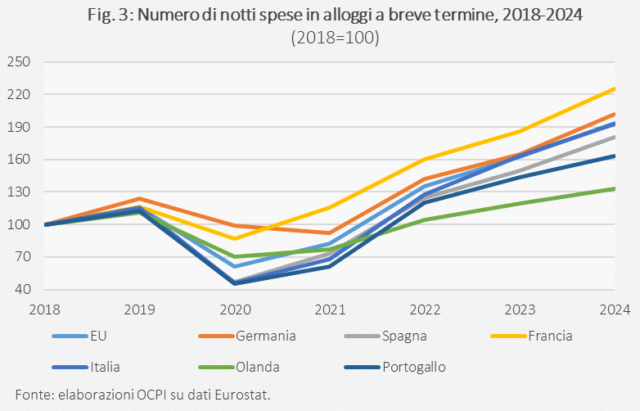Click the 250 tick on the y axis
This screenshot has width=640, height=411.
(x=17, y=62)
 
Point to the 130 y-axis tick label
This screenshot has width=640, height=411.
(x=17, y=192)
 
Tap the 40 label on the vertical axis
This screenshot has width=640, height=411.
(x=21, y=290)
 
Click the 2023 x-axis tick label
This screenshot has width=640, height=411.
(x=520, y=309)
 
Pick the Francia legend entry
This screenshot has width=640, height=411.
(x=545, y=336)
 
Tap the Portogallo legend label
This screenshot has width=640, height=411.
(x=413, y=367)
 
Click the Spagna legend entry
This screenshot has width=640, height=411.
(x=403, y=336)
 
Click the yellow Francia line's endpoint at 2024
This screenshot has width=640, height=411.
(x=615, y=88)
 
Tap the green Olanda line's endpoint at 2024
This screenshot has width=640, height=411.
(x=615, y=188)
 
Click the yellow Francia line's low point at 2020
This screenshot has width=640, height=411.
(x=235, y=238)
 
